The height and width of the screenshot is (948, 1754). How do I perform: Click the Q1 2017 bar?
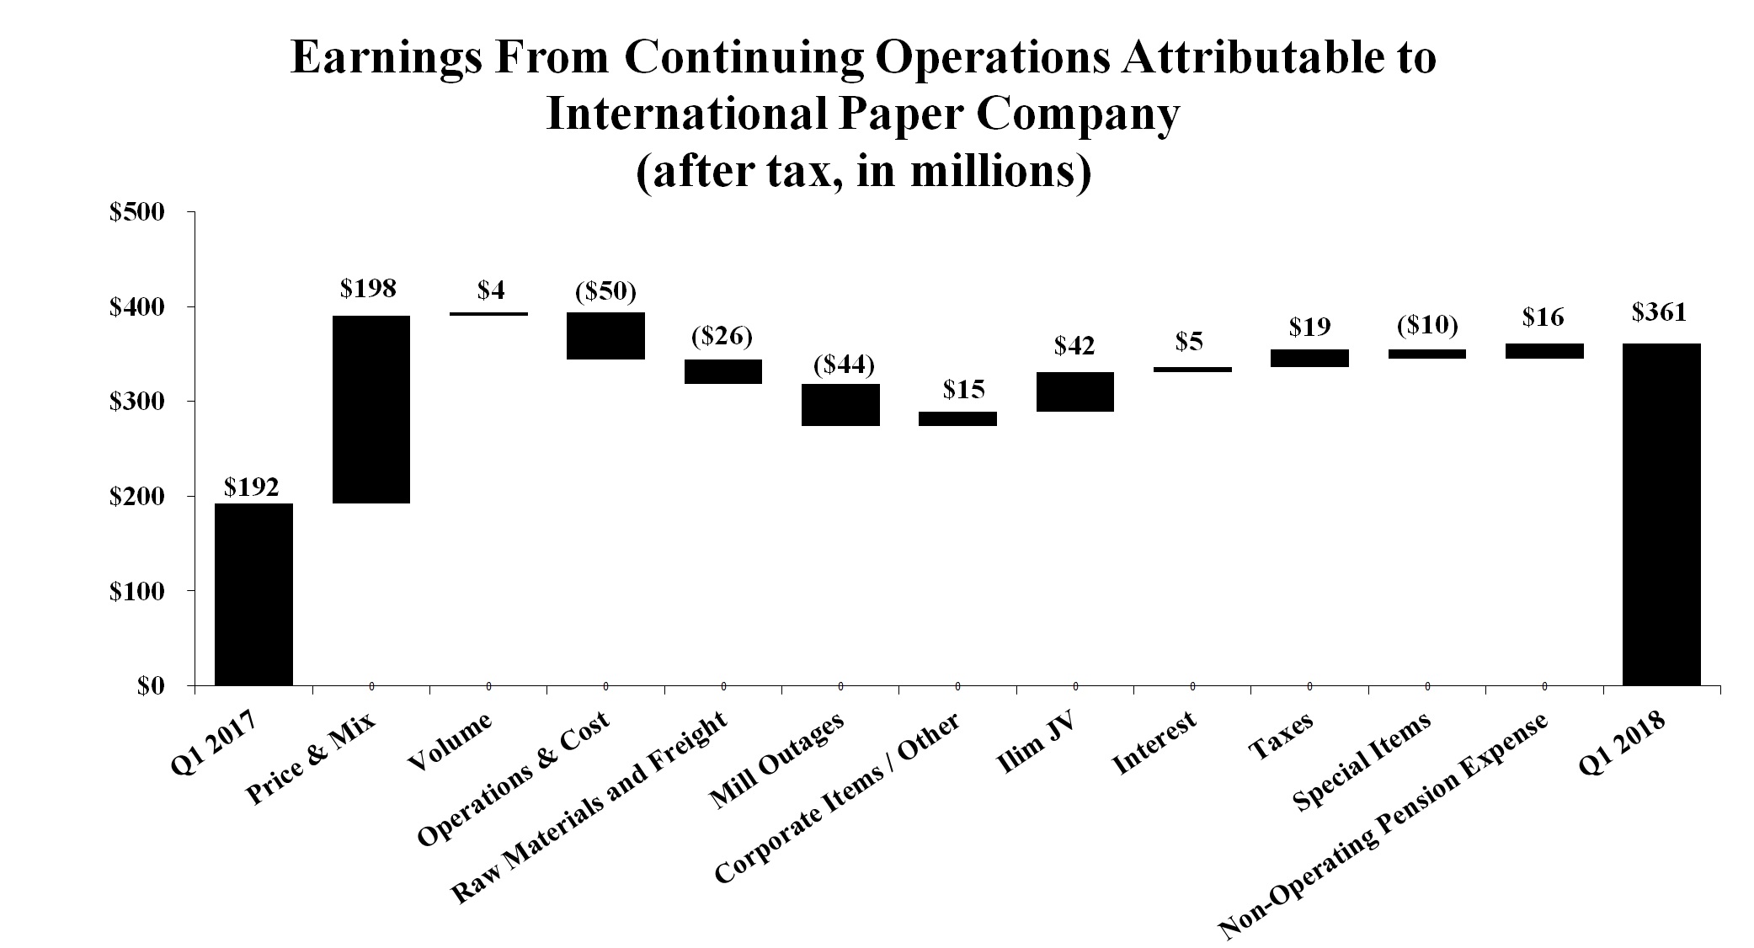coord(253,594)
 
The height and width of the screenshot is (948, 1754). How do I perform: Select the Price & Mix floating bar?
coord(371,409)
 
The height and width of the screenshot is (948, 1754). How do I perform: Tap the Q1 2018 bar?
coord(1661,514)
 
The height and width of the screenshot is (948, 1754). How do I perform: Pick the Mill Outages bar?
coord(840,405)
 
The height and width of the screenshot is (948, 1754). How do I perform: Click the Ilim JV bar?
coord(1075,391)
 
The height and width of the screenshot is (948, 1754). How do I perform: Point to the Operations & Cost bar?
coord(605,336)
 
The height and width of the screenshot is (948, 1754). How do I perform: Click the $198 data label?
coord(368,289)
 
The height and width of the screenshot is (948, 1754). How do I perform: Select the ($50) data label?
coord(605,291)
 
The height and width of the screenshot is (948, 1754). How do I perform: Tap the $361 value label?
coord(1659,313)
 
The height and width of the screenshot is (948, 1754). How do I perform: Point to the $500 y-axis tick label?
coord(136,213)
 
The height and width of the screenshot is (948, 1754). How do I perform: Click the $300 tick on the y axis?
coord(136,402)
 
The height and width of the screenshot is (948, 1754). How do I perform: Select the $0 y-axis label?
coord(150,686)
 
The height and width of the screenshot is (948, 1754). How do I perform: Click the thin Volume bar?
coord(488,314)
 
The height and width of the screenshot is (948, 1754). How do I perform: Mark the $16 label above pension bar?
coord(1543,317)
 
